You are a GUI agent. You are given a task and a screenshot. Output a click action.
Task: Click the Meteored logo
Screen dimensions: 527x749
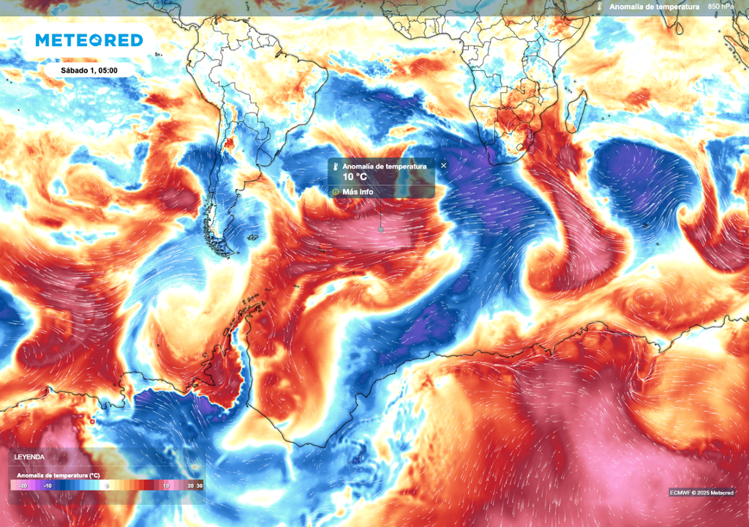[89, 40]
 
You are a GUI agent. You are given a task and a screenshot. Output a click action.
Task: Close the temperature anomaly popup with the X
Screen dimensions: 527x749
[443, 166]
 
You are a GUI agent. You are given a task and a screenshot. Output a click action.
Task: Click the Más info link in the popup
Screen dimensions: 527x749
[358, 193]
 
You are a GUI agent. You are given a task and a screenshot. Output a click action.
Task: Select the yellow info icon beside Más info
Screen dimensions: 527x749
[336, 193]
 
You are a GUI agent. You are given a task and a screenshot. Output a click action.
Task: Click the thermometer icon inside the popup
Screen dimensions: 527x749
[336, 168]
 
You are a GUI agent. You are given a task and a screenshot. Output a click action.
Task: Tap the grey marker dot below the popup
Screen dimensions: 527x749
[380, 229]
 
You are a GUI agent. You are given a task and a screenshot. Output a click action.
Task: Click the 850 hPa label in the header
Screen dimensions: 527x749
[720, 7]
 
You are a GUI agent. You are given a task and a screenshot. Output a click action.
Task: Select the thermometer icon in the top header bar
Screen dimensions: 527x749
[599, 7]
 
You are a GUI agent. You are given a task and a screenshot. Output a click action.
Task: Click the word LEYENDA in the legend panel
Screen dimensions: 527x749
[29, 457]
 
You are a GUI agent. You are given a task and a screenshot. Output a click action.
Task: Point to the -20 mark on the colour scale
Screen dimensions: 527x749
[23, 485]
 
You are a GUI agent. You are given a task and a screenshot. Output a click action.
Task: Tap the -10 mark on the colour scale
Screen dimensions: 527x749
[48, 485]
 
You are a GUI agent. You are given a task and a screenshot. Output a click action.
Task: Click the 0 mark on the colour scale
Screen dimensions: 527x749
[107, 485]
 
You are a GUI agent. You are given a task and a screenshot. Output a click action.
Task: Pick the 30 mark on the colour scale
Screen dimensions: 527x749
[199, 485]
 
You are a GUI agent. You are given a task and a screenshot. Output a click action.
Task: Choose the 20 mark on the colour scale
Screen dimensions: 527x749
[189, 485]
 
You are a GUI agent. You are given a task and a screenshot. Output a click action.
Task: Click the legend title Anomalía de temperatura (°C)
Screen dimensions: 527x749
[58, 475]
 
